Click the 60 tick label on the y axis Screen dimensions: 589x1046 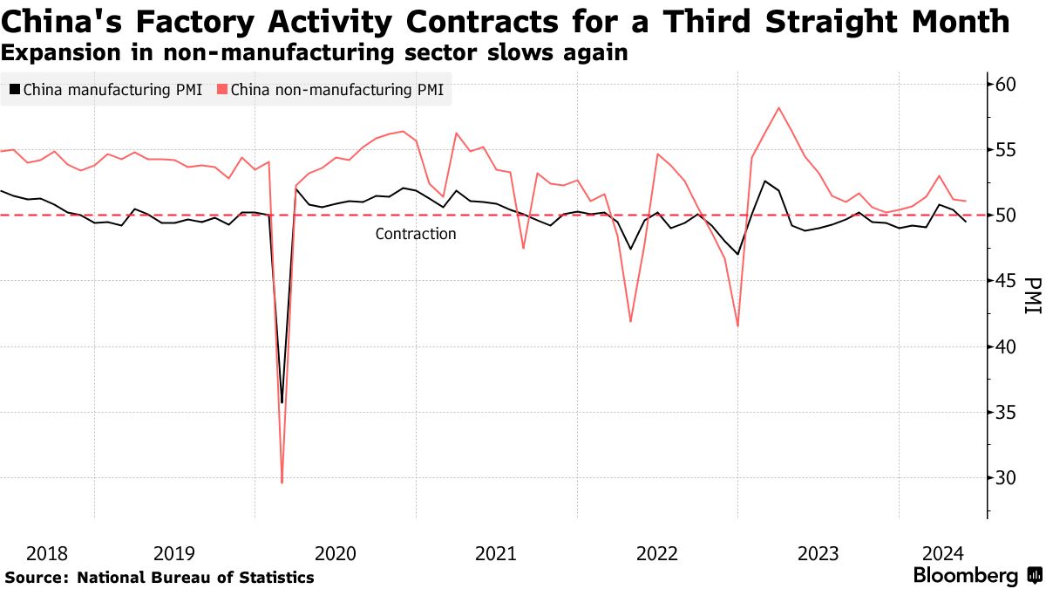1005,84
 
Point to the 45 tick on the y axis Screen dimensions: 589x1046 1005,281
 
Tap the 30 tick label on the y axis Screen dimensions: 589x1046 1005,478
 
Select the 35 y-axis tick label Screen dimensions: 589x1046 1005,413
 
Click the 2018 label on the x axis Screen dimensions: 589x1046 47,553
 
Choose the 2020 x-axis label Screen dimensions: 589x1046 335,553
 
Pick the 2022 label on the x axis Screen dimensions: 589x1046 657,553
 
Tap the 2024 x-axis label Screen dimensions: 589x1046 943,553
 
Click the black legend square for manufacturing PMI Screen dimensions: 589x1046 15,89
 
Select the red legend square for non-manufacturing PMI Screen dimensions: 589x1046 222,89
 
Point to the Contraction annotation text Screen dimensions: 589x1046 416,234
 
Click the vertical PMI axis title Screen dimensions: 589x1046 1033,296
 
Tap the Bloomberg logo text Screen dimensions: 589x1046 965,576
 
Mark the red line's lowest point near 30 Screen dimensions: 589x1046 282,483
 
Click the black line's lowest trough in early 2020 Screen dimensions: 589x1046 282,402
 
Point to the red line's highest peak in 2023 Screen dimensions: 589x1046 778,107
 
